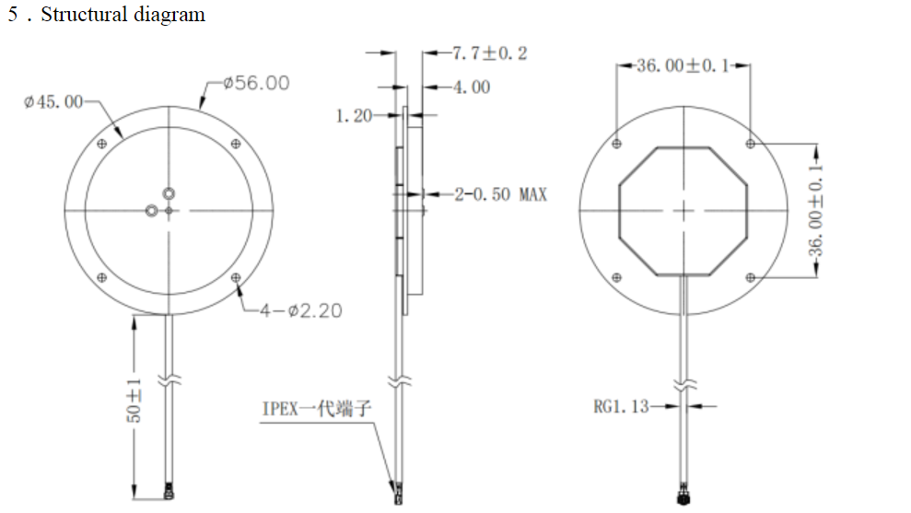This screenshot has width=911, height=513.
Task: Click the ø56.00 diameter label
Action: coord(256,83)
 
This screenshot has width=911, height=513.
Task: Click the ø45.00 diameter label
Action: coord(53,100)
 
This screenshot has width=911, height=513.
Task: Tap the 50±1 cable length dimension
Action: coord(134,401)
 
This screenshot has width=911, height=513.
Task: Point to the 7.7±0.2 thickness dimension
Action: coord(489,53)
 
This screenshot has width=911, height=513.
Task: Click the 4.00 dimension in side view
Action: coord(471,87)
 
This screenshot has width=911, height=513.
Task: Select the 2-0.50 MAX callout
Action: coord(500,194)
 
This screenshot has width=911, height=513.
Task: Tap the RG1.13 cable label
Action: coord(621,405)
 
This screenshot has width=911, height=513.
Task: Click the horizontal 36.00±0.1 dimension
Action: coord(683,66)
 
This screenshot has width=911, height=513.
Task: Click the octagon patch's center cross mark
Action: coord(683,211)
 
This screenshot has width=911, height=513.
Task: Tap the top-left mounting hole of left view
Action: coord(101,144)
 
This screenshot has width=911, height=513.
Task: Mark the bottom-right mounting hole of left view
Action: coord(237,277)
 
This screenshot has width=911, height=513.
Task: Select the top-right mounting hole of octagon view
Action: coord(751,144)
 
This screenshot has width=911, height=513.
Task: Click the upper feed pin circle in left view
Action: coord(169,193)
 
